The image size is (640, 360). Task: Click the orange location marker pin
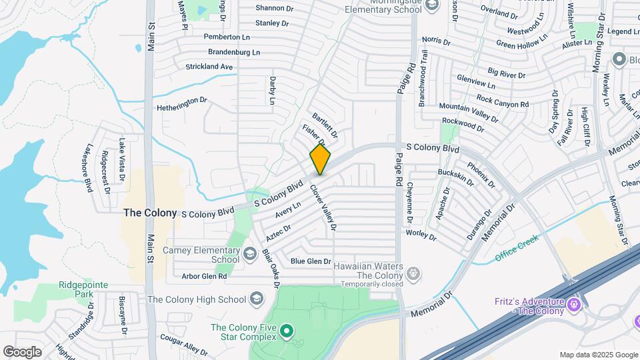tap(320, 159)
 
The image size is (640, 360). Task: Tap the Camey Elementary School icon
tap(249, 253)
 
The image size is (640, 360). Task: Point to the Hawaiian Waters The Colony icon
tap(413, 272)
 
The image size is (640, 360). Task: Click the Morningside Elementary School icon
tap(431, 5)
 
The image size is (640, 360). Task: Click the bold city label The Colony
tap(150, 213)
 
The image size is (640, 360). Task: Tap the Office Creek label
tap(517, 248)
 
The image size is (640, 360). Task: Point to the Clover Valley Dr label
tap(322, 207)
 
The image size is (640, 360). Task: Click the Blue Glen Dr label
tap(311, 261)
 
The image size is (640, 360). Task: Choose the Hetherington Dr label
tap(182, 104)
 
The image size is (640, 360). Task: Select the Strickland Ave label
tap(209, 67)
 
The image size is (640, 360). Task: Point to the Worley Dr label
tap(421, 235)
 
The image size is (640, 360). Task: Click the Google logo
tap(22, 352)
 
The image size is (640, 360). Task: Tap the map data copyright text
tap(598, 355)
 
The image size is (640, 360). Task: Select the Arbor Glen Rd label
tap(204, 276)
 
